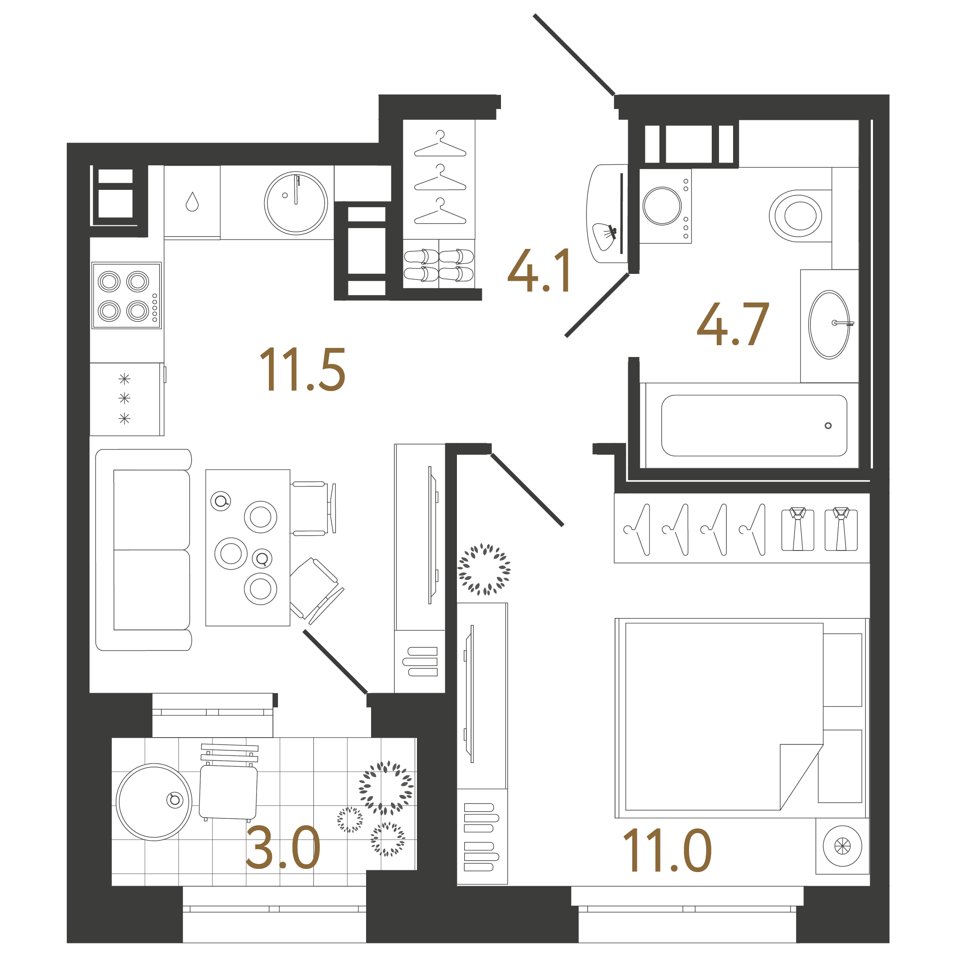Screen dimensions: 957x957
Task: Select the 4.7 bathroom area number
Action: coord(733,324)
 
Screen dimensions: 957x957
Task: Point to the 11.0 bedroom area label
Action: coord(667,851)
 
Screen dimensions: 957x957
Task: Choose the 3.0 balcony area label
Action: coord(283,848)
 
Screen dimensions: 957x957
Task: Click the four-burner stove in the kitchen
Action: coord(127,295)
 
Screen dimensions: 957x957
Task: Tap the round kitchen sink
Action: coord(296,203)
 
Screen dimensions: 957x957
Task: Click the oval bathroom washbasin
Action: coord(829,324)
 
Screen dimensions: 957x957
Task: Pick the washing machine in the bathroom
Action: coord(665,206)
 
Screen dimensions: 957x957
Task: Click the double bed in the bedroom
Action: coord(742,717)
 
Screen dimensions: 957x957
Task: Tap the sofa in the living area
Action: coord(144,550)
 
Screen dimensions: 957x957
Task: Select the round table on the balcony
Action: coord(154,802)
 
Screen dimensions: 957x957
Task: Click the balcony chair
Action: coord(228,782)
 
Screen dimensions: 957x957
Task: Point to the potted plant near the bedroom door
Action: coord(484,569)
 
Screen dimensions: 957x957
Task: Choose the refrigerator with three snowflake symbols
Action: coord(127,399)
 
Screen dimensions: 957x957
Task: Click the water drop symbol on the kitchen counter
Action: coord(192,202)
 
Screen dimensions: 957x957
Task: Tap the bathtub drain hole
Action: coord(828,426)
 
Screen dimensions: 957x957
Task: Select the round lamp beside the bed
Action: coord(842,846)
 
